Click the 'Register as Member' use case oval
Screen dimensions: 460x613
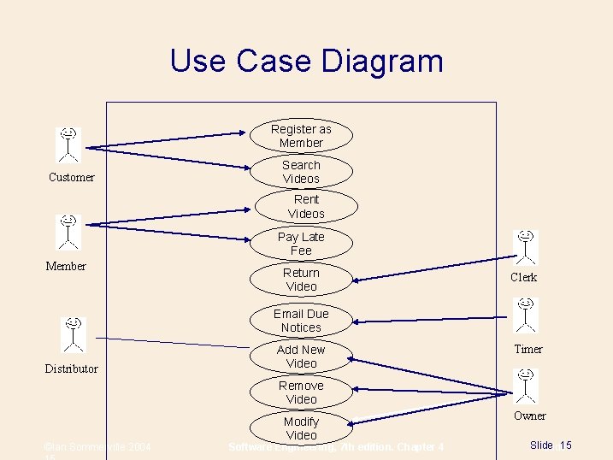point(301,136)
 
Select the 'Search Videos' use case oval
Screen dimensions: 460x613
point(301,172)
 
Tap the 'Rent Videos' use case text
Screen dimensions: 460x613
point(306,206)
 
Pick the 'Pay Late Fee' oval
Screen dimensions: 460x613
point(301,244)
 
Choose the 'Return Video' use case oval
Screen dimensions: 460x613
point(301,280)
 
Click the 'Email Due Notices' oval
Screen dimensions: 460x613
point(301,321)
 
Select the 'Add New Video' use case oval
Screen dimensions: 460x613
point(301,357)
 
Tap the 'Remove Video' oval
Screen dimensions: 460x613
point(301,392)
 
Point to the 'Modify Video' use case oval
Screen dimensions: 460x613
point(301,428)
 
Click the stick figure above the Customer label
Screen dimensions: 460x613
point(68,144)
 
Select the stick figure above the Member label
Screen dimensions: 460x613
point(68,232)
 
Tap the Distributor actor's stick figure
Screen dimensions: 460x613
point(74,334)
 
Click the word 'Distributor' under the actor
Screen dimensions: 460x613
point(71,369)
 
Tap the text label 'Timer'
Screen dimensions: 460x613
point(528,349)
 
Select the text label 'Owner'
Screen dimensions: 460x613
point(529,416)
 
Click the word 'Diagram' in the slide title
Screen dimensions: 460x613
point(381,61)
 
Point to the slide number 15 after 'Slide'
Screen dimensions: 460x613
point(566,445)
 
